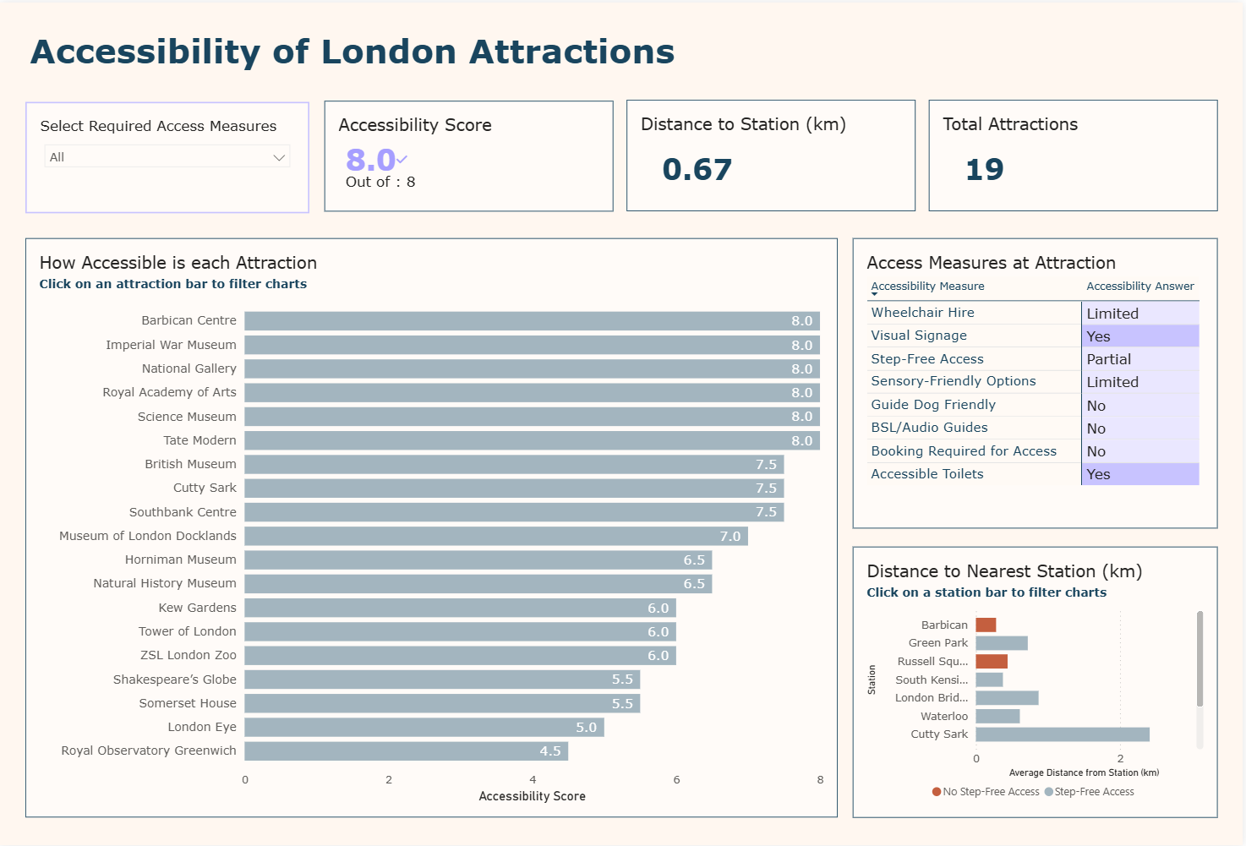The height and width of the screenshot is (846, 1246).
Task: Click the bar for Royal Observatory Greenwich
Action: pyautogui.click(x=406, y=750)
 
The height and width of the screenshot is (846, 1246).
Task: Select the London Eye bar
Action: pyautogui.click(x=424, y=727)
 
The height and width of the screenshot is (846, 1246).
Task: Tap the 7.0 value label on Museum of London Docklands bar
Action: pyautogui.click(x=730, y=536)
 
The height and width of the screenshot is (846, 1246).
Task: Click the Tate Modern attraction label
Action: pyautogui.click(x=199, y=440)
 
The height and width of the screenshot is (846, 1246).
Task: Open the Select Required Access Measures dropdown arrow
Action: pyautogui.click(x=279, y=157)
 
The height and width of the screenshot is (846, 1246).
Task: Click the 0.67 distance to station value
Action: pyautogui.click(x=697, y=169)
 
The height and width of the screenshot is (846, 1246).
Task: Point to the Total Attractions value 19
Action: pyautogui.click(x=984, y=169)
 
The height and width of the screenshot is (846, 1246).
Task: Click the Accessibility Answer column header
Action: pyautogui.click(x=1139, y=287)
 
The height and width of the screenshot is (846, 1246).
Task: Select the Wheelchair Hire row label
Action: pyautogui.click(x=922, y=313)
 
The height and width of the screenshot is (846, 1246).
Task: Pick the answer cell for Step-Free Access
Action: pyautogui.click(x=1139, y=359)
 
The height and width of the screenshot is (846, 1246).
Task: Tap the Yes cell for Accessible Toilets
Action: pyautogui.click(x=1139, y=474)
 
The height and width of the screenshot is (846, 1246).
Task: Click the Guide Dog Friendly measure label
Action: pyautogui.click(x=933, y=405)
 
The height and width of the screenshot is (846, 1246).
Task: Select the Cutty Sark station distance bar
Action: pyautogui.click(x=1062, y=734)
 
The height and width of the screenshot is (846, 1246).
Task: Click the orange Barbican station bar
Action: pyautogui.click(x=986, y=625)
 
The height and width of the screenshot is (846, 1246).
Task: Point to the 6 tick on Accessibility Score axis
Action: pyautogui.click(x=676, y=779)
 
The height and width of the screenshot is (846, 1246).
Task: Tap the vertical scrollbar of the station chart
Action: pyautogui.click(x=1199, y=659)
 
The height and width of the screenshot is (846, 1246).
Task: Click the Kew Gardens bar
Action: pyautogui.click(x=460, y=608)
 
